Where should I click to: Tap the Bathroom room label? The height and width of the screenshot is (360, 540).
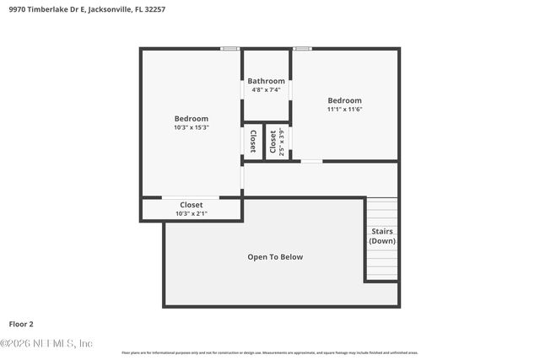pyautogui.click(x=266, y=81)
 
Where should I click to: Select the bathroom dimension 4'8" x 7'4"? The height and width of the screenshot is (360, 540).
pyautogui.click(x=266, y=89)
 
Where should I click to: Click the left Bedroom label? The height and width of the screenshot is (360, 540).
pyautogui.click(x=192, y=119)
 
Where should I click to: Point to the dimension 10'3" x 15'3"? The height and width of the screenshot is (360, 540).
pyautogui.click(x=192, y=128)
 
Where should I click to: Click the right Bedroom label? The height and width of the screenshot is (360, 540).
pyautogui.click(x=344, y=100)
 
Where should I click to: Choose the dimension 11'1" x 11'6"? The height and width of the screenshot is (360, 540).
pyautogui.click(x=344, y=110)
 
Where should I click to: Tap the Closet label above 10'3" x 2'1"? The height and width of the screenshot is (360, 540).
pyautogui.click(x=192, y=205)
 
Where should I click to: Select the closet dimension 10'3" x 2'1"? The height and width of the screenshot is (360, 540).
pyautogui.click(x=192, y=214)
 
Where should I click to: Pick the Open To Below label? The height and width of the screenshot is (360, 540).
pyautogui.click(x=275, y=257)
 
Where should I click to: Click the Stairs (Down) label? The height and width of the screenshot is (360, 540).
pyautogui.click(x=382, y=236)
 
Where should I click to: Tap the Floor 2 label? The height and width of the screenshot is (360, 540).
pyautogui.click(x=21, y=324)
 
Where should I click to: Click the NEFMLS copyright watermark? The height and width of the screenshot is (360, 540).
pyautogui.click(x=46, y=343)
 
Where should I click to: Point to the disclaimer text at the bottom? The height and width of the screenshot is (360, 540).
pyautogui.click(x=270, y=352)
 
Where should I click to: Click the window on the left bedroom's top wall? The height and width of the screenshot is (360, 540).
pyautogui.click(x=230, y=48)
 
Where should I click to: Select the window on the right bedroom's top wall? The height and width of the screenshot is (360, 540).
pyautogui.click(x=303, y=48)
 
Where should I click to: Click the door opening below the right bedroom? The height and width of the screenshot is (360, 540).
pyautogui.click(x=311, y=161)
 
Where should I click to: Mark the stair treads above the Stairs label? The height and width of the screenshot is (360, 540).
pyautogui.click(x=382, y=211)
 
